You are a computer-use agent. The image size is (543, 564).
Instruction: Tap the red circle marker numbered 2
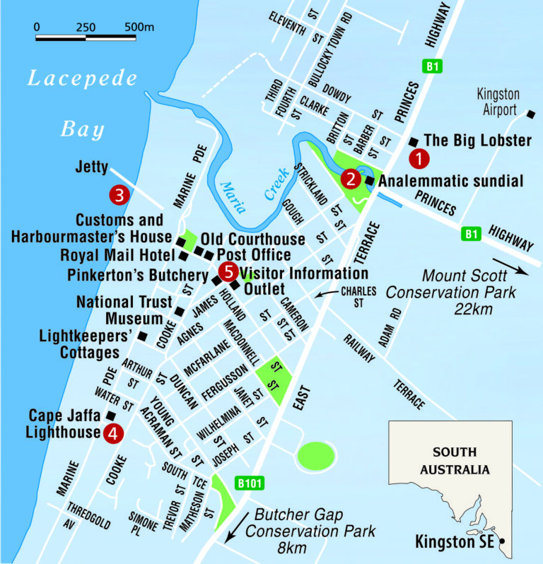pyautogui.click(x=349, y=180)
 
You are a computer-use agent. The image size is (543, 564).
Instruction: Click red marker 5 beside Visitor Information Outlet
pyautogui.click(x=228, y=270)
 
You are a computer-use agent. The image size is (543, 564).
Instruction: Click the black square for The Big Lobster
pyautogui.click(x=414, y=140)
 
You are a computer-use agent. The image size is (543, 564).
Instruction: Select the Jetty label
pyautogui.click(x=91, y=168)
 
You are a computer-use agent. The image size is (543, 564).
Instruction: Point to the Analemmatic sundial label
pyautogui.click(x=451, y=182)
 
